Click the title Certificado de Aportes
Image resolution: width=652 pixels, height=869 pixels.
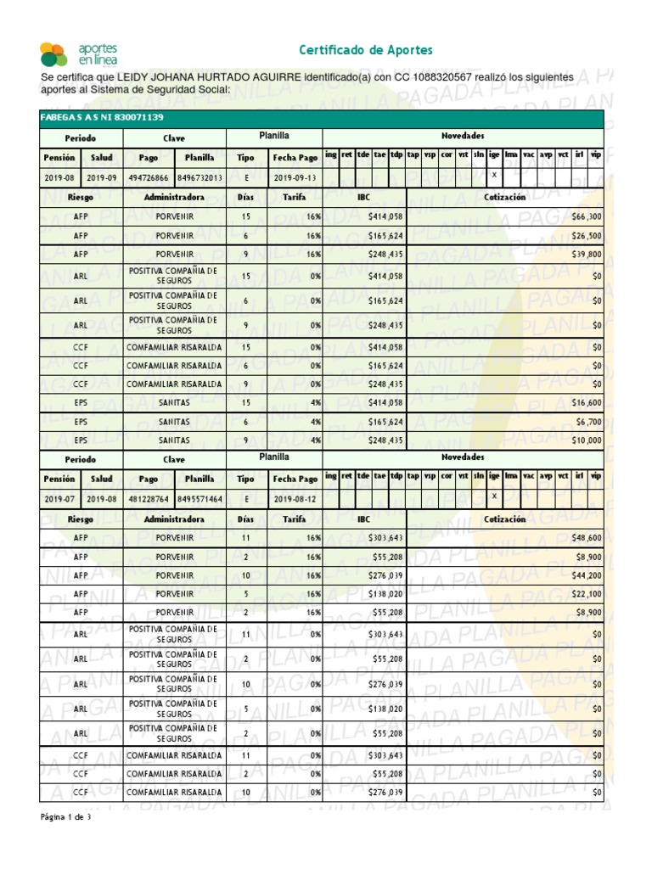coord(365,50)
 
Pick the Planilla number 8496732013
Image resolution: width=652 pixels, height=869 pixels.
coord(200,177)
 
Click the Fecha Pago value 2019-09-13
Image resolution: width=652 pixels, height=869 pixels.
coord(295,177)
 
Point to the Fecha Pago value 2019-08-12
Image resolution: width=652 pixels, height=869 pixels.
coord(295,498)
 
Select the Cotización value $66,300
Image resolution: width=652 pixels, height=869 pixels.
coord(587,217)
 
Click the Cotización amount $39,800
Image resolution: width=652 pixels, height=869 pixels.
coord(587,254)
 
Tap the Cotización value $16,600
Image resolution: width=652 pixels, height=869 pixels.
coord(587,403)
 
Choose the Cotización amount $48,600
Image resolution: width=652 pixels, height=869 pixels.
coord(587,538)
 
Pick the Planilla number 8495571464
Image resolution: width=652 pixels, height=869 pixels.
coord(200,498)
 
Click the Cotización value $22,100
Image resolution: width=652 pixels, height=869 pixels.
coord(587,593)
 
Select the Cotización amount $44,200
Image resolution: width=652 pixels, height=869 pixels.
coord(587,575)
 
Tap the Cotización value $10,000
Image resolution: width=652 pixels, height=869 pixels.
coord(587,440)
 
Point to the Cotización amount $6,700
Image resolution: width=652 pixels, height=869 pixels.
coord(589,422)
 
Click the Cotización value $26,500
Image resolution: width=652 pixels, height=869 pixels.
coord(587,236)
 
